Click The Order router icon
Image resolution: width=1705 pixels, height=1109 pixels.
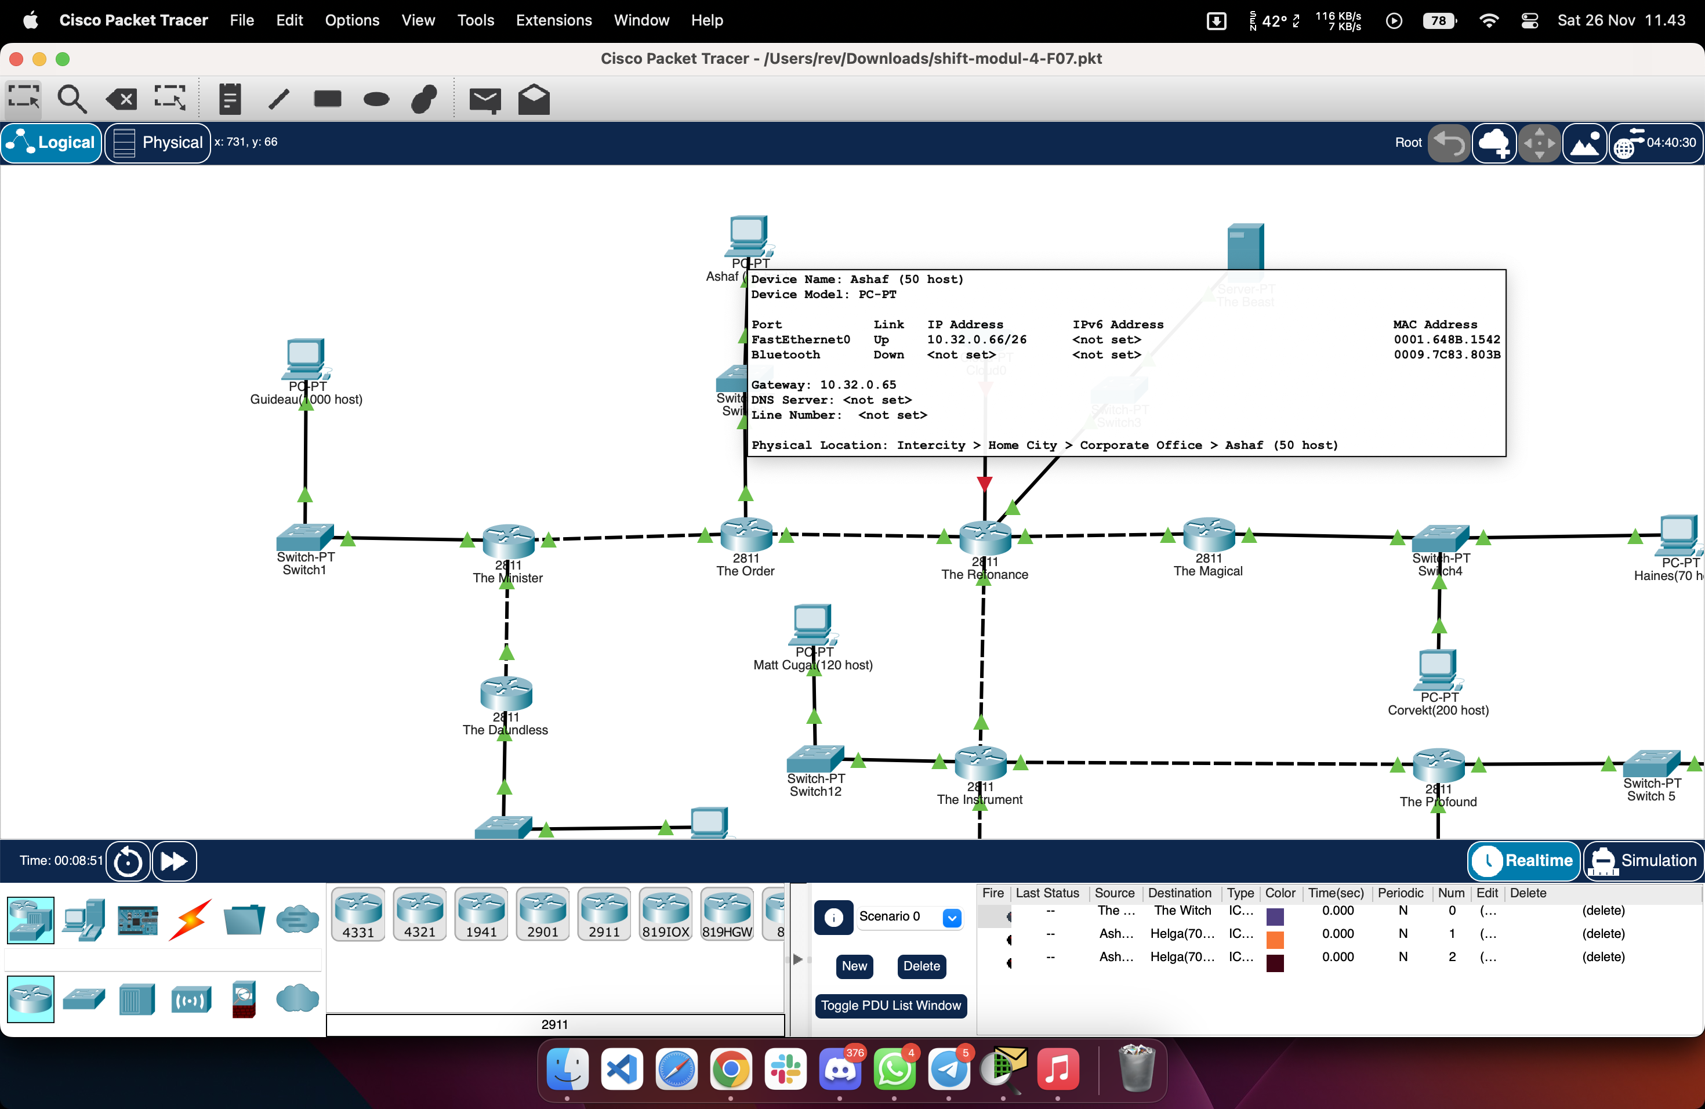click(746, 534)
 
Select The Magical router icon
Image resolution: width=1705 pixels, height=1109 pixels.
click(1209, 534)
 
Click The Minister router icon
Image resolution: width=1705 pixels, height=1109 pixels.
click(508, 541)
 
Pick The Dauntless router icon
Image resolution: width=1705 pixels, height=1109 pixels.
click(506, 693)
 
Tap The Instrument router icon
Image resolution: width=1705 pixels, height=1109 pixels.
click(980, 762)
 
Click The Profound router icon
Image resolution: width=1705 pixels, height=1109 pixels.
click(1438, 764)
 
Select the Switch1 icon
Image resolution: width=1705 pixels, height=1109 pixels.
click(304, 537)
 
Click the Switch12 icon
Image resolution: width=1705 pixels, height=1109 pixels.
click(815, 759)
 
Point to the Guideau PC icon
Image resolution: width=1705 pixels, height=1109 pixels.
click(306, 358)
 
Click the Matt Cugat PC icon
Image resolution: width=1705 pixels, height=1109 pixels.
click(813, 624)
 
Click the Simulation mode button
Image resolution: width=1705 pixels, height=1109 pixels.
click(1644, 860)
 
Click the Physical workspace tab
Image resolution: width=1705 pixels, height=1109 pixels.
click(158, 143)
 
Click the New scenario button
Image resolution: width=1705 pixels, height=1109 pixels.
click(854, 966)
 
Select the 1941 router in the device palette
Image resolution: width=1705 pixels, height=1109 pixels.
click(481, 914)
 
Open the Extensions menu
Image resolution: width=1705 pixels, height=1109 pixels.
click(553, 20)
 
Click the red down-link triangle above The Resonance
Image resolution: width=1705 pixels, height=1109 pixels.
click(984, 484)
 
